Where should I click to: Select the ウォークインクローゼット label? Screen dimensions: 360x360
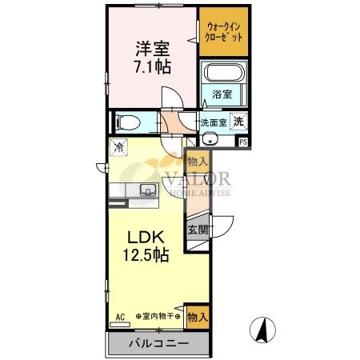point(224,33)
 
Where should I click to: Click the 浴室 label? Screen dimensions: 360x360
point(222,94)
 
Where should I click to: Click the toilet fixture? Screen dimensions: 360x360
point(127,123)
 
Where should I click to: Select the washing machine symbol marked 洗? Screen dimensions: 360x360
point(238,122)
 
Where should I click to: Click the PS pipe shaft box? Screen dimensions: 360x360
point(243,142)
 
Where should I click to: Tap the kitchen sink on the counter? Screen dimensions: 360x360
point(148,190)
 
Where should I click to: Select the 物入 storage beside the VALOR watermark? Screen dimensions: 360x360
point(197,162)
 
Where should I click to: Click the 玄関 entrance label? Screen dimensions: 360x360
point(198,229)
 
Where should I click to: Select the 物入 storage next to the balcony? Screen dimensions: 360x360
point(197,316)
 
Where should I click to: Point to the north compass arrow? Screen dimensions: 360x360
point(262,328)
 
